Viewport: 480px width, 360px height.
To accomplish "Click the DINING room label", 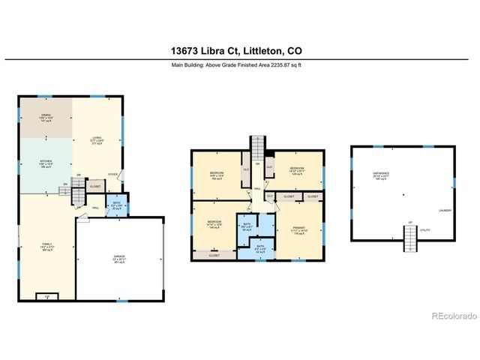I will (x=46, y=116).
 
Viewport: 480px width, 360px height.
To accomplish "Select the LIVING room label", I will (x=97, y=139).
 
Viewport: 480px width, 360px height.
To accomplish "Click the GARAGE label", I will (x=119, y=258).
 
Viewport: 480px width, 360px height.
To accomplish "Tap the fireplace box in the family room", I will (x=47, y=296).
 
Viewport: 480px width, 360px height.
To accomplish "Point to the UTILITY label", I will (x=424, y=230).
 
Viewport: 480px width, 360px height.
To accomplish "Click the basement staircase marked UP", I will (x=410, y=238).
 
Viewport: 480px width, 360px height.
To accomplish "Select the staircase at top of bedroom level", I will (x=257, y=145).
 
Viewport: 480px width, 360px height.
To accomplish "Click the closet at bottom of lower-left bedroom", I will (x=214, y=255).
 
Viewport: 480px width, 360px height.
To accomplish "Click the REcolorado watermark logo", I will (x=454, y=316).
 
